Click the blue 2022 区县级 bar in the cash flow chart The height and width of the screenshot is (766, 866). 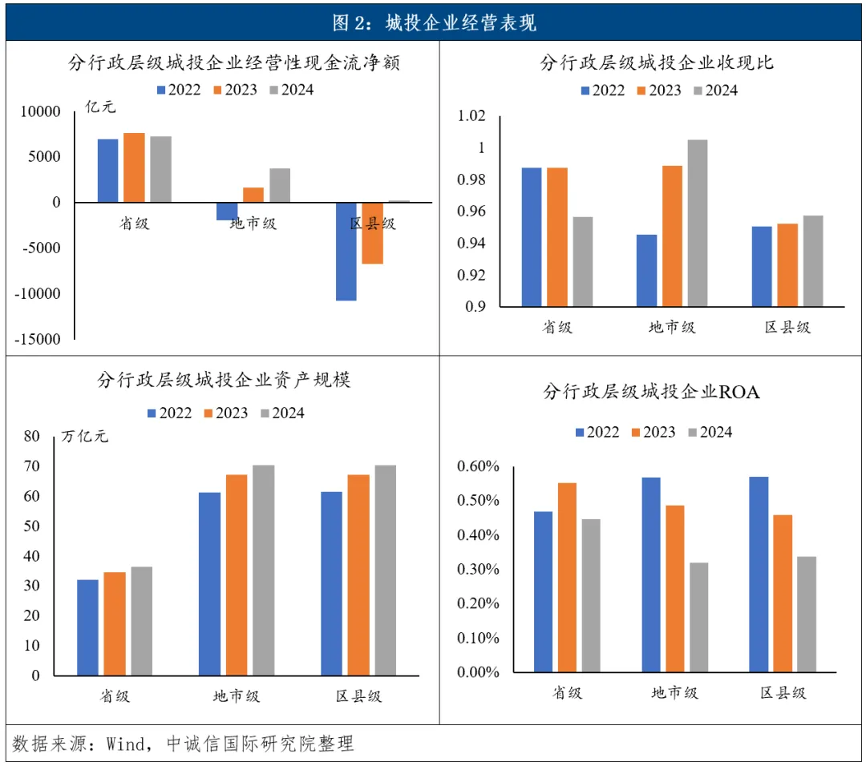346,252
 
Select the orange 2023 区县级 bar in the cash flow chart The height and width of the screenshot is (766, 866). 372,233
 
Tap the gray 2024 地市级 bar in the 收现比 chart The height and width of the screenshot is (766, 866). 697,223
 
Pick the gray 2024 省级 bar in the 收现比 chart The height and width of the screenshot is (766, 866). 583,261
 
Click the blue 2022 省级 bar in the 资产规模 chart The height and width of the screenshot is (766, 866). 88,627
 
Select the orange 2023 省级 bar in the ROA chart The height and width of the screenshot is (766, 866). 567,577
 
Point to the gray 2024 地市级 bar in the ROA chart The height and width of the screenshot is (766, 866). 698,618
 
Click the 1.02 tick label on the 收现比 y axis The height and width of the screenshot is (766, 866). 471,115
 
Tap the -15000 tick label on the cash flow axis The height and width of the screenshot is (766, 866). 37,339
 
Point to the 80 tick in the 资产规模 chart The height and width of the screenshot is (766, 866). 32,436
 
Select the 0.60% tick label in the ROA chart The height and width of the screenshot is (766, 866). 478,466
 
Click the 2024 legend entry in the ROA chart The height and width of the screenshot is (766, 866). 710,432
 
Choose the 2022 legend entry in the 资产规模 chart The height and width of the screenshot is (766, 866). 169,413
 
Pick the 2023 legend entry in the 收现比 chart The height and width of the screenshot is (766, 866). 659,90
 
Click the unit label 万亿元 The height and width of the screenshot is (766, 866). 84,437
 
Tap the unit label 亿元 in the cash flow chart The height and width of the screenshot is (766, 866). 100,107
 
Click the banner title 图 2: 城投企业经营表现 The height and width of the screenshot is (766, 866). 434,22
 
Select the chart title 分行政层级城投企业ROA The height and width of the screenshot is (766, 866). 651,392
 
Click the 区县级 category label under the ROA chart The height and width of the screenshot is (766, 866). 783,692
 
